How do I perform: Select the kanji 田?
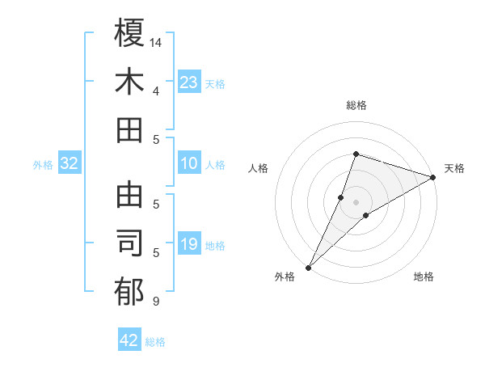pyautogui.click(x=129, y=130)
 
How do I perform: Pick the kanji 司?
pyautogui.click(x=129, y=245)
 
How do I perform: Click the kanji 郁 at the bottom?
pyautogui.click(x=129, y=293)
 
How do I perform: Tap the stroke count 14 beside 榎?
pyautogui.click(x=157, y=41)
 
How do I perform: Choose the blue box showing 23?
pyautogui.click(x=188, y=82)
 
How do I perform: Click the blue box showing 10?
pyautogui.click(x=188, y=164)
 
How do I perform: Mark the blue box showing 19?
pyautogui.click(x=188, y=245)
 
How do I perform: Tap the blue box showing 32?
pyautogui.click(x=70, y=164)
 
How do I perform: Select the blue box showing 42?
pyautogui.click(x=129, y=340)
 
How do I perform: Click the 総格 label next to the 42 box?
pyautogui.click(x=155, y=342)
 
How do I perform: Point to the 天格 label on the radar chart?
pyautogui.click(x=454, y=168)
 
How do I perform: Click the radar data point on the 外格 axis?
pyautogui.click(x=308, y=267)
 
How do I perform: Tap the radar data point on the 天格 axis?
pyautogui.click(x=432, y=178)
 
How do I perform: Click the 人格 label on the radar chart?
pyautogui.click(x=258, y=168)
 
